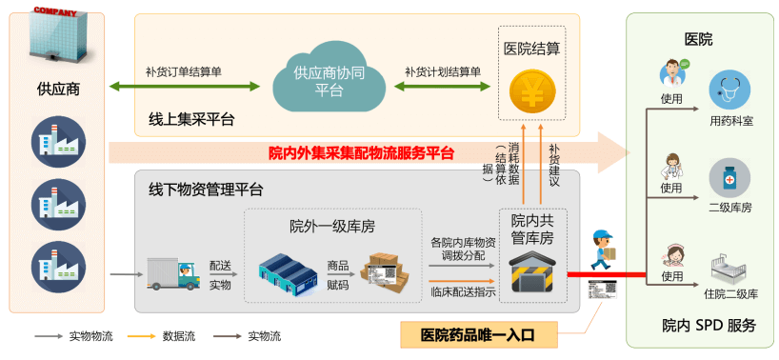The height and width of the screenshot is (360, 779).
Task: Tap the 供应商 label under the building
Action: click(58, 90)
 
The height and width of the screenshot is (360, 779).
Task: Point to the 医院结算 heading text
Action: click(531, 47)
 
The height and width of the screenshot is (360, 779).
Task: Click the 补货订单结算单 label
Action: click(184, 70)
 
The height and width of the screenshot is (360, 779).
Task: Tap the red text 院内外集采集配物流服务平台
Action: click(361, 151)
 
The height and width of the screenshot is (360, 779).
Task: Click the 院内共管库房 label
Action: click(532, 229)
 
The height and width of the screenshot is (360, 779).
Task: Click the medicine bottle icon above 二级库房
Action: click(729, 178)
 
